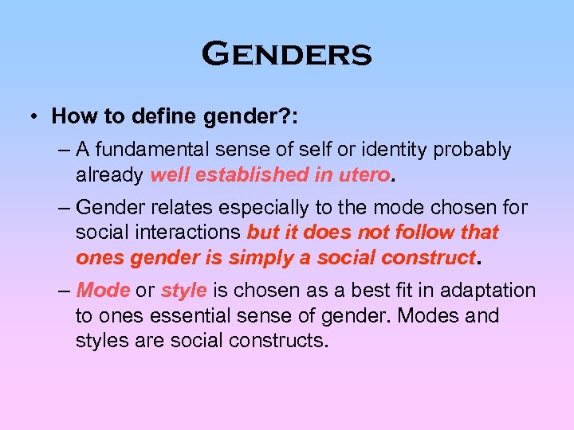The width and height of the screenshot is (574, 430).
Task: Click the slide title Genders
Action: [x=287, y=55]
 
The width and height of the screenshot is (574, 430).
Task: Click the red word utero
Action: [x=366, y=174]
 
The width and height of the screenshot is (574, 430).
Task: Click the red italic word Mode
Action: [x=103, y=291]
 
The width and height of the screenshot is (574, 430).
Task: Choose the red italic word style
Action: [x=183, y=291]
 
